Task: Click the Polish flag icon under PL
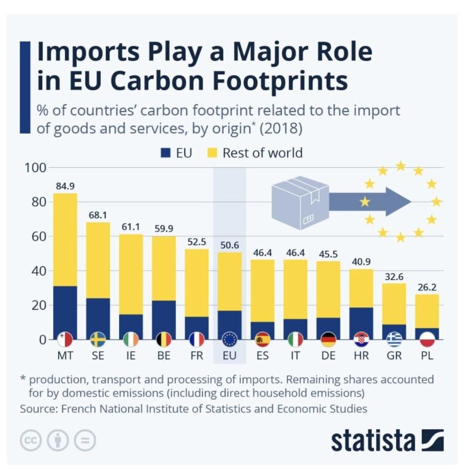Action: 427,339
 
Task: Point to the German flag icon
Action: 328,339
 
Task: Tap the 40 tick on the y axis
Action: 37,271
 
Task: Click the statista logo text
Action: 373,440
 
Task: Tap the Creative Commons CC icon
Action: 31,440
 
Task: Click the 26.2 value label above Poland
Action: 427,286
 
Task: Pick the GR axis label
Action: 394,355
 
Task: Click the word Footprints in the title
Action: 270,82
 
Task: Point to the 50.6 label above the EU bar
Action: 229,243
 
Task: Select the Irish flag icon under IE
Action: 131,339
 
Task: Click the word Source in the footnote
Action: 37,408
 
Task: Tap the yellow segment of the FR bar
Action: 196,283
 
